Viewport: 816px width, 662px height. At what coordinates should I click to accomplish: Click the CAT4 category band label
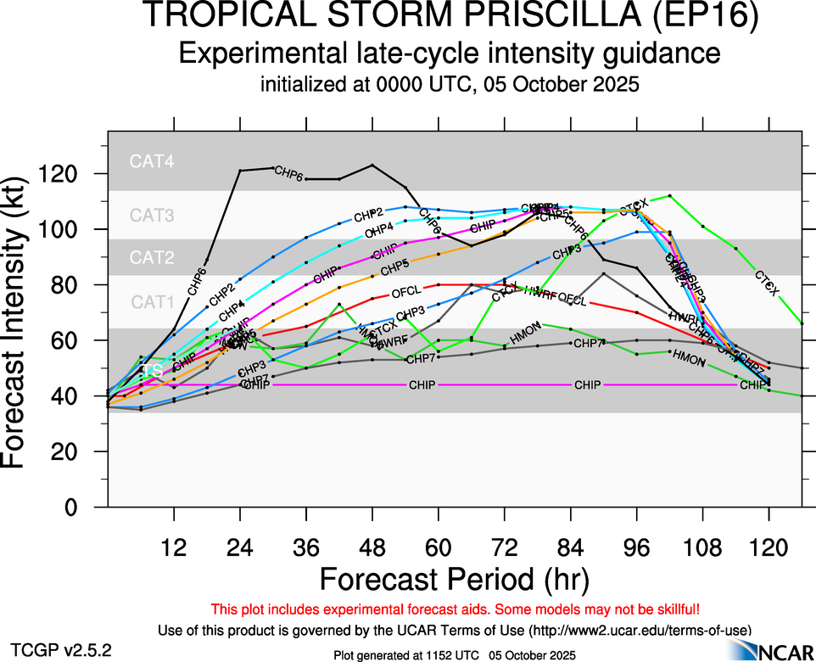pos(152,161)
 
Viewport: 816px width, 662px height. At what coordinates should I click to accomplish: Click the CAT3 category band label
pos(152,216)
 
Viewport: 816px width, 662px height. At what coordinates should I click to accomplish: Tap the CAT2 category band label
pos(152,257)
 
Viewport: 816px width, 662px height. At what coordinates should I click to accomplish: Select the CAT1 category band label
pos(152,301)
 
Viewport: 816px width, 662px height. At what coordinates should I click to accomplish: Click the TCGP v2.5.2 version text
pos(60,651)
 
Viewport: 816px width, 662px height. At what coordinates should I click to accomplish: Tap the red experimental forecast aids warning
pos(456,609)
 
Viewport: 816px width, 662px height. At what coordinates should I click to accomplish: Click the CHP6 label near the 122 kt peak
pos(289,174)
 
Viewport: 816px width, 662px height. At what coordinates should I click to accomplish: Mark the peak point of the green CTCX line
pos(670,196)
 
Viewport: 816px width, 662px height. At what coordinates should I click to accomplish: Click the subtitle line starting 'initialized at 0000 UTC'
pos(449,85)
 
